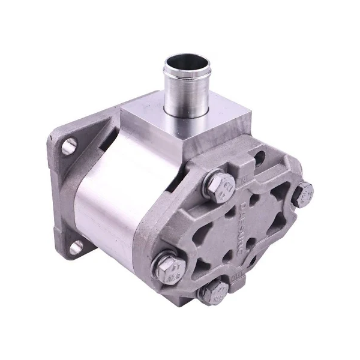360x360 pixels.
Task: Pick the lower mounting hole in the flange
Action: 74,247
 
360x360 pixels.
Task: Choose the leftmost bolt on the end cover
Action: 168,264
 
